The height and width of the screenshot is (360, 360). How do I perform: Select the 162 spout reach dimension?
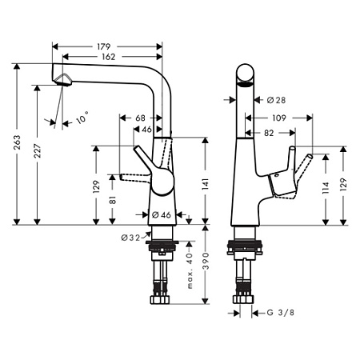[x=111, y=58]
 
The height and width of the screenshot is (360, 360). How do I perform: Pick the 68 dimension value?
[x=140, y=118]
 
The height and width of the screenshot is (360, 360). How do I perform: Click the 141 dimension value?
[x=206, y=186]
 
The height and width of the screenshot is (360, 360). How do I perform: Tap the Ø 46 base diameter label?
[x=162, y=214]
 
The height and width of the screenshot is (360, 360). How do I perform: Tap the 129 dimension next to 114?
[x=344, y=186]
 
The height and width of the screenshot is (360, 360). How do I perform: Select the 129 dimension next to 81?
[x=95, y=186]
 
